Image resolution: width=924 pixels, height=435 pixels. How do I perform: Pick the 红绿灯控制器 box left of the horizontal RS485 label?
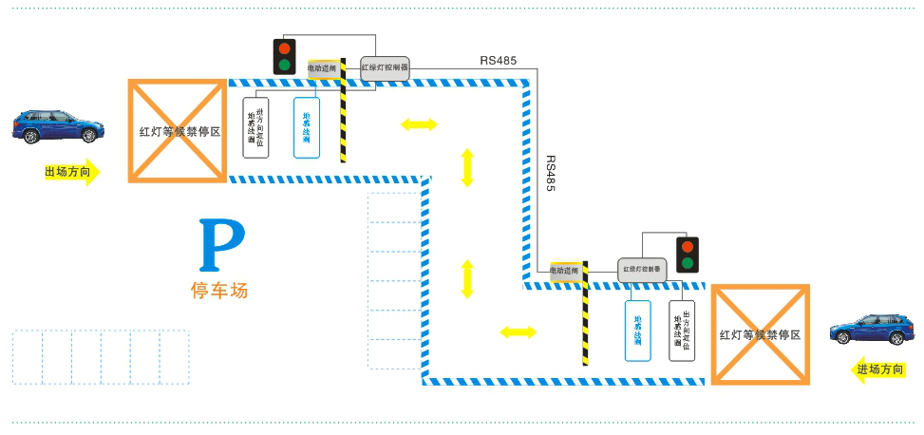pos(385,68)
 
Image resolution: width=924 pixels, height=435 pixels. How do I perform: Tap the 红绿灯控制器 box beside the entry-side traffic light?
pos(642,270)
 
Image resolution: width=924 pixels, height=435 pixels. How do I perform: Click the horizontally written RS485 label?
pos(499,61)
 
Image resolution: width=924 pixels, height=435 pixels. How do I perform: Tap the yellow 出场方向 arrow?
pos(71,172)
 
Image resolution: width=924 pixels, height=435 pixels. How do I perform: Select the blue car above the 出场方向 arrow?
pos(57,125)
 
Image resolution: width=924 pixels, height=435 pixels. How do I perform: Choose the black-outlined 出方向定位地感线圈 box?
pos(681,331)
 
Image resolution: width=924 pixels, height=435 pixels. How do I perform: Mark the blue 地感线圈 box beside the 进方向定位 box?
pos(307,127)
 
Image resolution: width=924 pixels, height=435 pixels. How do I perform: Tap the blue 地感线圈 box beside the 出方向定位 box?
pos(637,331)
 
